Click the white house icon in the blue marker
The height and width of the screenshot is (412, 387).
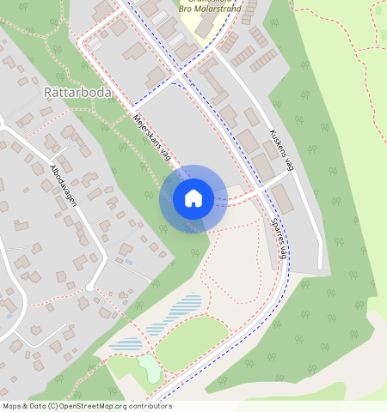coord(193,198)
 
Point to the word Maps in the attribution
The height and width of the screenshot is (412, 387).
coord(12,406)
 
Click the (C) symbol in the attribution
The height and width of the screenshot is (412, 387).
coord(52,406)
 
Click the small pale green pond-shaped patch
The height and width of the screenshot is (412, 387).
coord(149,367)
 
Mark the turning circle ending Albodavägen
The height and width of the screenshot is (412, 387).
coord(89,286)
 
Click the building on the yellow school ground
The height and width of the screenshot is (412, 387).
coord(204,21)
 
